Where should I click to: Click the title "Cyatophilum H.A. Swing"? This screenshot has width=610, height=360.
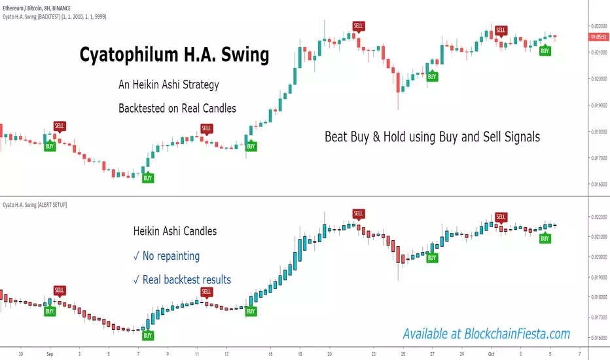point(174,56)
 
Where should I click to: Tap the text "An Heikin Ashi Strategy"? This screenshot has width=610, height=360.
point(168,84)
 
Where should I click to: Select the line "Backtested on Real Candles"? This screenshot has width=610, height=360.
point(177,107)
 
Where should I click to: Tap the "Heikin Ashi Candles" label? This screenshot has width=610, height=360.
point(175,231)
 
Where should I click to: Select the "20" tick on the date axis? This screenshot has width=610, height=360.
point(330,350)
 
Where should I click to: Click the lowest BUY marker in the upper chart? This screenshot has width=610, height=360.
point(148,178)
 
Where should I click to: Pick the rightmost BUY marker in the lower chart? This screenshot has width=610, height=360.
point(545,239)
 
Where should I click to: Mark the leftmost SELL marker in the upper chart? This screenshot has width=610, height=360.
point(60,126)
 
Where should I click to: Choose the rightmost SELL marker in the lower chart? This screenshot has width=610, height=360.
point(501,217)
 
